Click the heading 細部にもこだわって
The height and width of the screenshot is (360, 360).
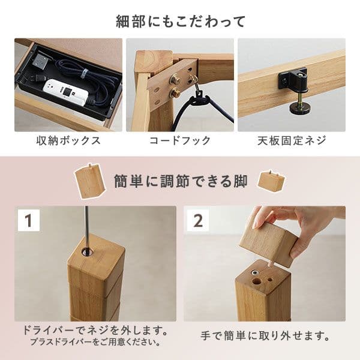click(x=180, y=22)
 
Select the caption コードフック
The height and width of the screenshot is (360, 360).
click(x=180, y=141)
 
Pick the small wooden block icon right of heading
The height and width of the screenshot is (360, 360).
click(x=272, y=181)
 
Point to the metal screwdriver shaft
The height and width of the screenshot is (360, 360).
click(x=88, y=222)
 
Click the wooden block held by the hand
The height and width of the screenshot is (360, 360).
click(x=269, y=243)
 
